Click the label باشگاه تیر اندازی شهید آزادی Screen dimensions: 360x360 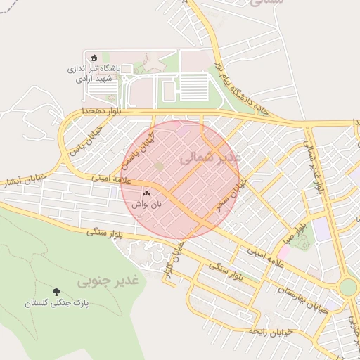98,73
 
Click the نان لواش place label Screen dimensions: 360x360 147,203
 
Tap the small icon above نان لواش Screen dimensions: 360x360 147,193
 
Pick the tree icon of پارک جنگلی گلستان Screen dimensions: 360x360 56,291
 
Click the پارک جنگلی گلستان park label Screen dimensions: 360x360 56,304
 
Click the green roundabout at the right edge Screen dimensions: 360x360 348,288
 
